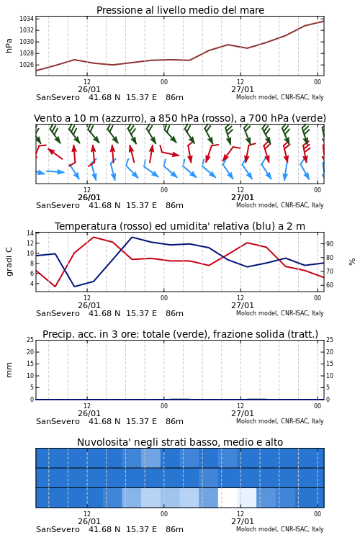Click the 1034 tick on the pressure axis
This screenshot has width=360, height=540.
tap(27, 19)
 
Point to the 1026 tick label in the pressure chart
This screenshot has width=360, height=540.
tap(27, 65)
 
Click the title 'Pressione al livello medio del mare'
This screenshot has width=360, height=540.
tap(180, 10)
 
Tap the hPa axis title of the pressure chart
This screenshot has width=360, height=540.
tap(9, 46)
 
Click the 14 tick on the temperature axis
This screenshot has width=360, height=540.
tap(30, 233)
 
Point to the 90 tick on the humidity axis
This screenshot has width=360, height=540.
tap(330, 244)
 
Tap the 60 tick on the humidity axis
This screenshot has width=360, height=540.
tap(330, 285)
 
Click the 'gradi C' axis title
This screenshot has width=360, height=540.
tap(9, 261)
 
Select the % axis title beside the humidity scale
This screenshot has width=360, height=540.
tap(352, 262)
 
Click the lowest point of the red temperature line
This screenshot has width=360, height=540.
tap(55, 287)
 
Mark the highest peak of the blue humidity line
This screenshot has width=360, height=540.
tap(132, 237)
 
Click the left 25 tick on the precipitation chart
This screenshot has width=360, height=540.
tap(30, 340)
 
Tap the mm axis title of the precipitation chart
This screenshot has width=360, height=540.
tap(9, 370)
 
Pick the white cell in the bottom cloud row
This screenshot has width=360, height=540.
tap(228, 498)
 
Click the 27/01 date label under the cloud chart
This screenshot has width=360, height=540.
tap(242, 521)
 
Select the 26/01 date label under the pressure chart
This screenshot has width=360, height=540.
tap(89, 89)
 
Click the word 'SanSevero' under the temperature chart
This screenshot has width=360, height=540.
tap(58, 313)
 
